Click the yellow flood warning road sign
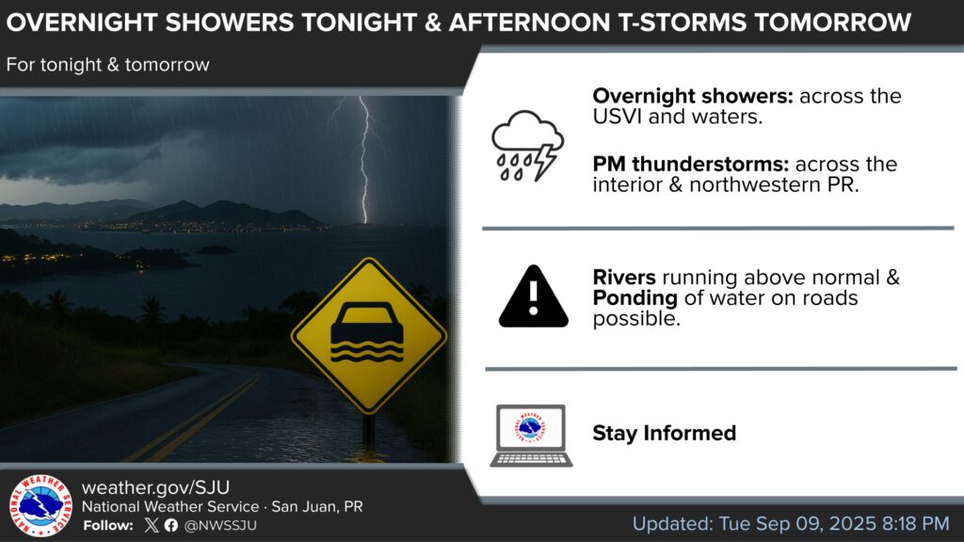click(369, 336)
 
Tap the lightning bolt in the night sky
click(363, 160)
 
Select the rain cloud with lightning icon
click(527, 146)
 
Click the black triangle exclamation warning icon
click(533, 296)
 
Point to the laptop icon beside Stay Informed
click(531, 435)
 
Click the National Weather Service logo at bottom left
click(40, 505)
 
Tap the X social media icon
click(152, 525)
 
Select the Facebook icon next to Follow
click(171, 525)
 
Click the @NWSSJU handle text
click(220, 525)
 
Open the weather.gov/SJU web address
click(155, 487)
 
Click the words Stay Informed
click(664, 433)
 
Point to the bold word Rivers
click(624, 278)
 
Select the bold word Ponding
click(635, 298)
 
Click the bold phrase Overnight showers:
click(693, 96)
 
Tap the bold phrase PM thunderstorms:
click(690, 164)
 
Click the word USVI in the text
click(618, 117)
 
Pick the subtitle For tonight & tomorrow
click(107, 65)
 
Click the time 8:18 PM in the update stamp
click(915, 523)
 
